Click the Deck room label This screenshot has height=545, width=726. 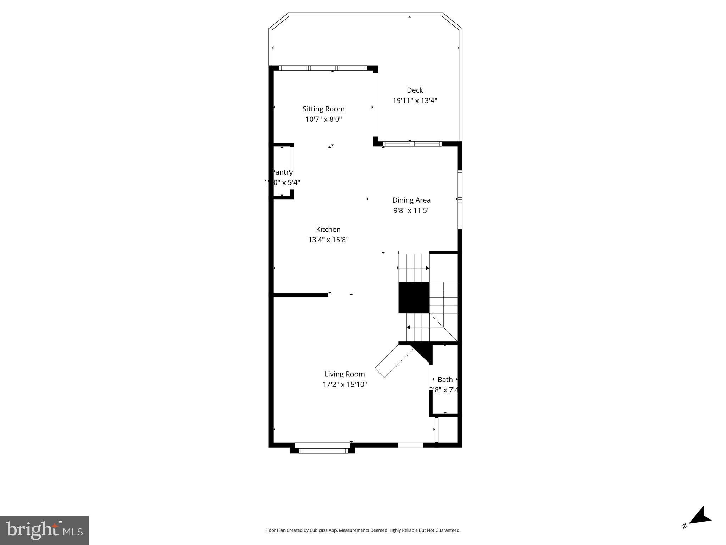click(415, 90)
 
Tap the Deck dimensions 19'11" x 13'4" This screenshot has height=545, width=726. click(415, 100)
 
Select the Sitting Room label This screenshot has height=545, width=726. click(323, 109)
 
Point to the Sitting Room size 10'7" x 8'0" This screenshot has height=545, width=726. click(323, 119)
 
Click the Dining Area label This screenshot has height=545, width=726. click(411, 200)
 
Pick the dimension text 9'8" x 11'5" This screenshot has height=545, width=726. click(411, 210)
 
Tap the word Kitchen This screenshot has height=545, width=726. click(328, 230)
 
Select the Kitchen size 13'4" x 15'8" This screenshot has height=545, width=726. click(328, 240)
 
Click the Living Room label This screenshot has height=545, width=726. click(344, 374)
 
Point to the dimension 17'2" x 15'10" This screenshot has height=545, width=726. click(344, 384)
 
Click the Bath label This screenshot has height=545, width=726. click(445, 380)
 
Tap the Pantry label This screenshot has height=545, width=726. click(282, 172)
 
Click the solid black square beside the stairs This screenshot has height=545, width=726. click(414, 297)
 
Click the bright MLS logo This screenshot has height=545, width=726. click(44, 530)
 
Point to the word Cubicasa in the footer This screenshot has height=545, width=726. click(317, 530)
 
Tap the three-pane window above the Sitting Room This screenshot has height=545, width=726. click(323, 68)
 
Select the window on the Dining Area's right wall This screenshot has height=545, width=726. click(460, 199)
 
